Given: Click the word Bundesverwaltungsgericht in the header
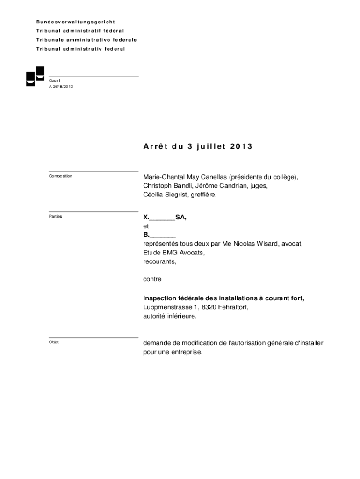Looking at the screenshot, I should [76, 22].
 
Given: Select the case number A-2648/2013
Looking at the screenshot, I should [61, 87].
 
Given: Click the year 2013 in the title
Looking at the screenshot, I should [241, 146].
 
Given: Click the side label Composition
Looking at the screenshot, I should [60, 176].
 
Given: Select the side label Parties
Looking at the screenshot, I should [55, 217].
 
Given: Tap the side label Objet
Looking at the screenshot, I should [54, 342].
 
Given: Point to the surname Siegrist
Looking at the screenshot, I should [177, 195].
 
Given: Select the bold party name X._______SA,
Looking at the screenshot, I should [165, 217].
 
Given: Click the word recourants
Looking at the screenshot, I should [159, 261].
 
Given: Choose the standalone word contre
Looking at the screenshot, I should [152, 279].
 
